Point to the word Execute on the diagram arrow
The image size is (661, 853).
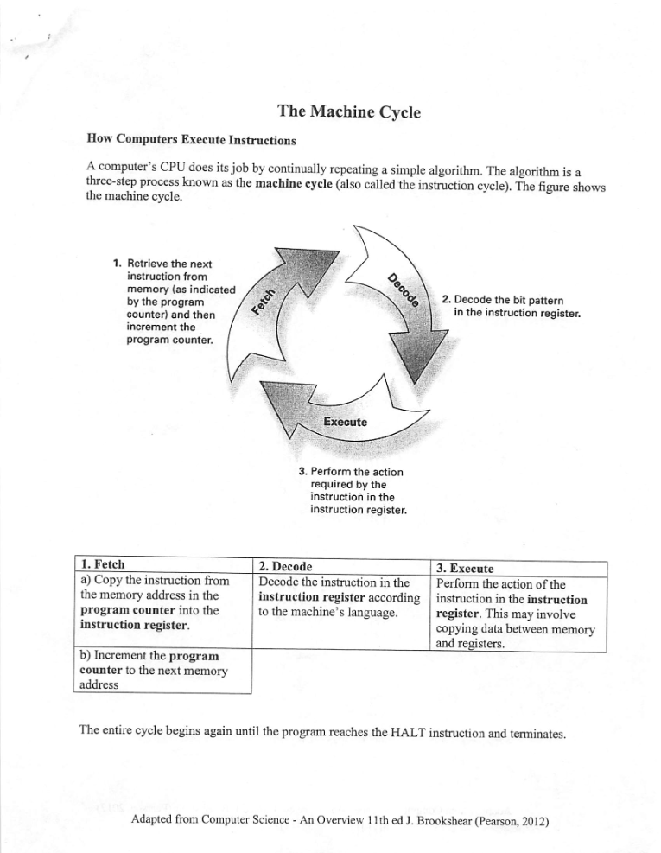[345, 422]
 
